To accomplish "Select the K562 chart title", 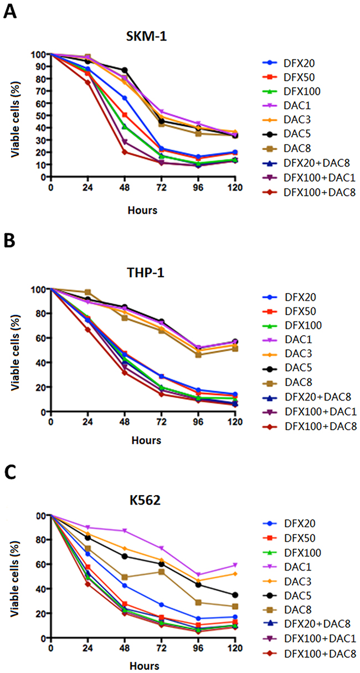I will pos(142,498).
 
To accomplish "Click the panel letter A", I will pos(9,12).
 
